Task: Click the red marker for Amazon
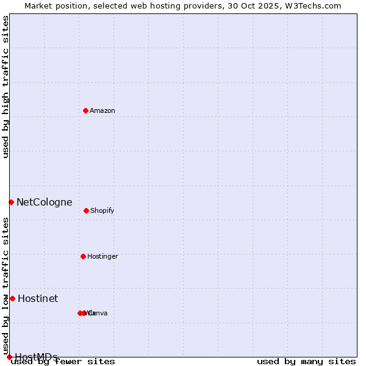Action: click(x=85, y=110)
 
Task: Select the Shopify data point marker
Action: click(x=86, y=210)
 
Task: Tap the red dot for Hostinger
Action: click(x=83, y=256)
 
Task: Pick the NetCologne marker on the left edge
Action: click(x=11, y=202)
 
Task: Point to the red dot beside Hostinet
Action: click(x=12, y=298)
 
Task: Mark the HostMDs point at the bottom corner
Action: click(x=9, y=357)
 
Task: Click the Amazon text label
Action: click(x=102, y=110)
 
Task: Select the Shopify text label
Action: click(x=102, y=210)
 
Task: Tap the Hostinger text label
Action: click(x=102, y=256)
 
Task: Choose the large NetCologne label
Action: click(x=45, y=202)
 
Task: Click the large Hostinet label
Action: click(x=38, y=298)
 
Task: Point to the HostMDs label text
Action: click(x=37, y=357)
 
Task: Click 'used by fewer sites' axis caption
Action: click(x=63, y=362)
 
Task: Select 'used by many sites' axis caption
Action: click(x=306, y=362)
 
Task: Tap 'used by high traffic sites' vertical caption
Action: click(x=5, y=87)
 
